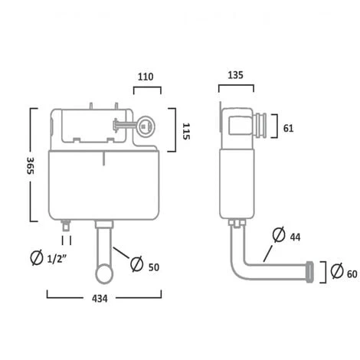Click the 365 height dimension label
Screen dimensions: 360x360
(30, 165)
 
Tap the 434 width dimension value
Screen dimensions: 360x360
(100, 299)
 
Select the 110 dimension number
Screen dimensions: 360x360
(146, 77)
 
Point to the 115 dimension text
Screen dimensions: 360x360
(186, 131)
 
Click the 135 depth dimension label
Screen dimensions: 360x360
(235, 75)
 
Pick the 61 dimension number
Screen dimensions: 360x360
(289, 128)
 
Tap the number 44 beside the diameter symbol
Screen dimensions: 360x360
(295, 237)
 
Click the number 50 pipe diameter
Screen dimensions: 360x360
(154, 267)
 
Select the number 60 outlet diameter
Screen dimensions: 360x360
(352, 274)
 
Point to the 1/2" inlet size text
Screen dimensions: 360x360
(57, 259)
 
